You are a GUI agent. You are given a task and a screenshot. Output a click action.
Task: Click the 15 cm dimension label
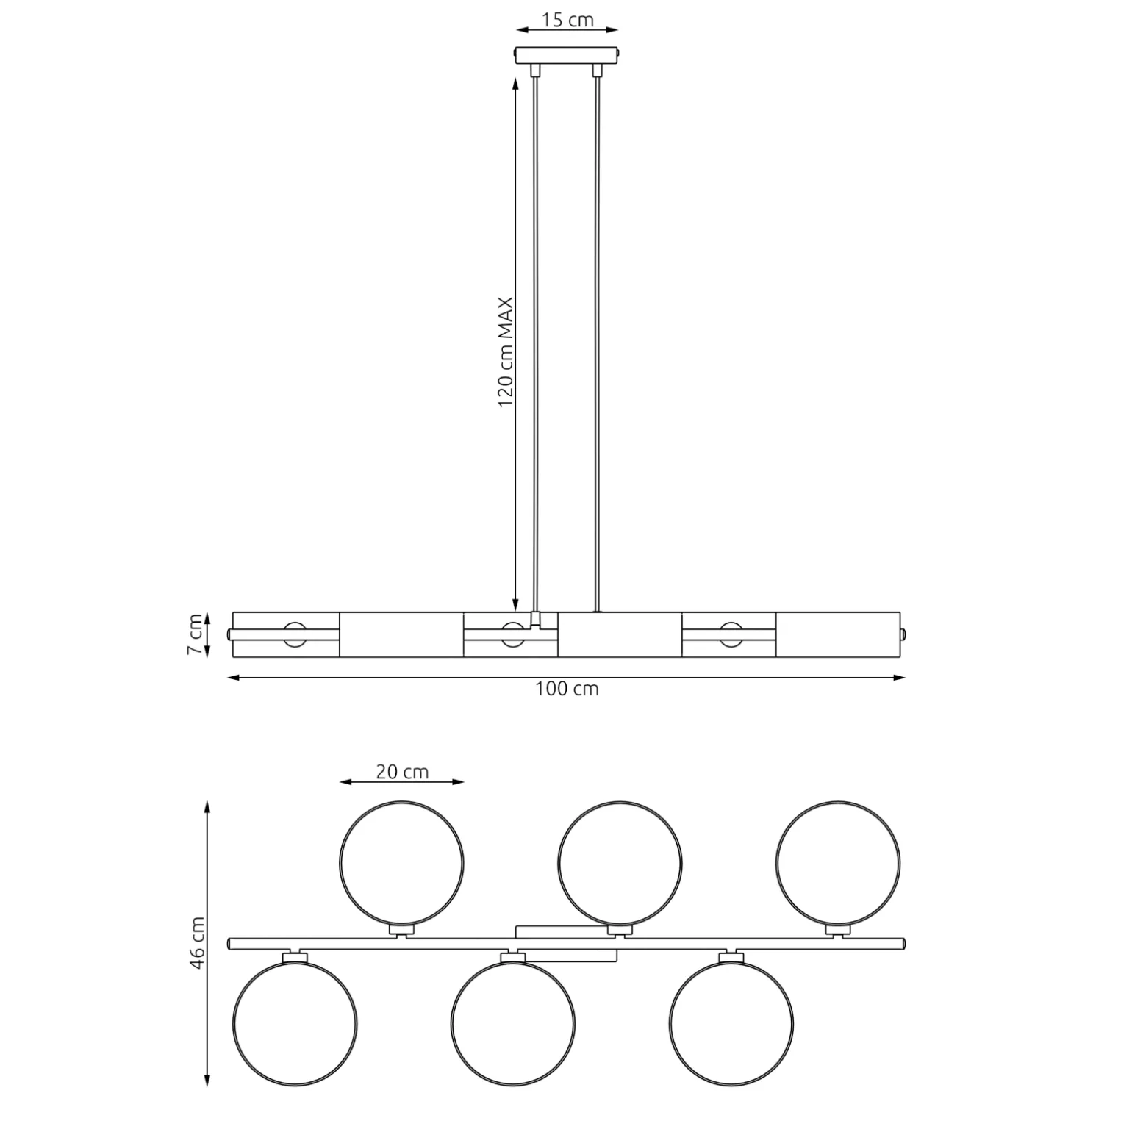(567, 20)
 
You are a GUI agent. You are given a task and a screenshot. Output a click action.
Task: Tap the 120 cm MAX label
(506, 352)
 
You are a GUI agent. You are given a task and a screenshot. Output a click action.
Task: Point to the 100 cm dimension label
(567, 689)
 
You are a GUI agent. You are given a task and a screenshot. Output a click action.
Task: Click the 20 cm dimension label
(402, 772)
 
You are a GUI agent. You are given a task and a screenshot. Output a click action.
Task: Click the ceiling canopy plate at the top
(567, 56)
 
